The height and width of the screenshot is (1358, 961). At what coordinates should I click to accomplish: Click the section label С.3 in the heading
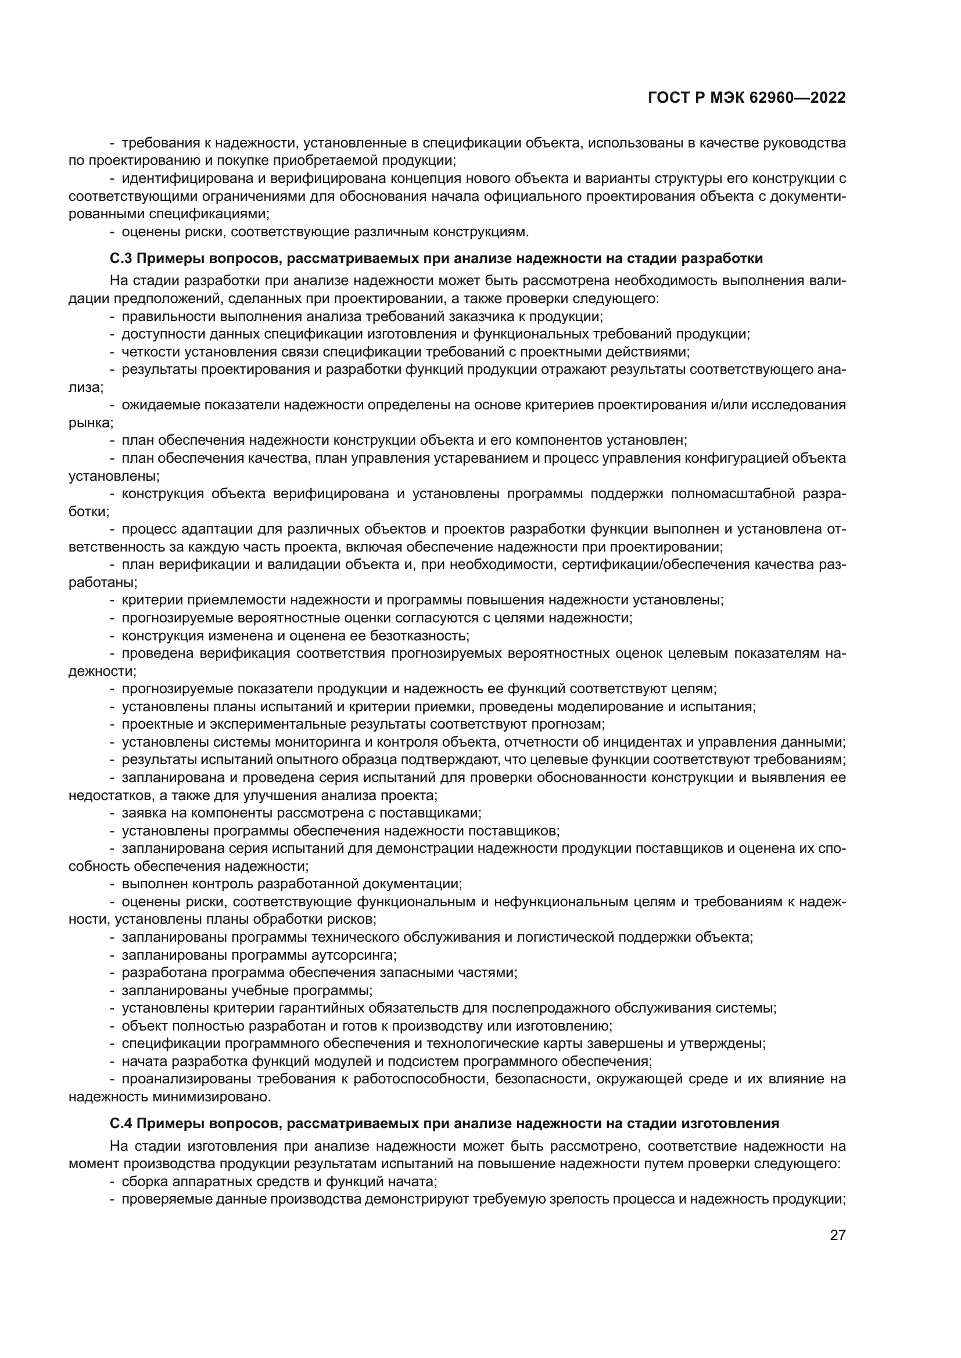point(120,258)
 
